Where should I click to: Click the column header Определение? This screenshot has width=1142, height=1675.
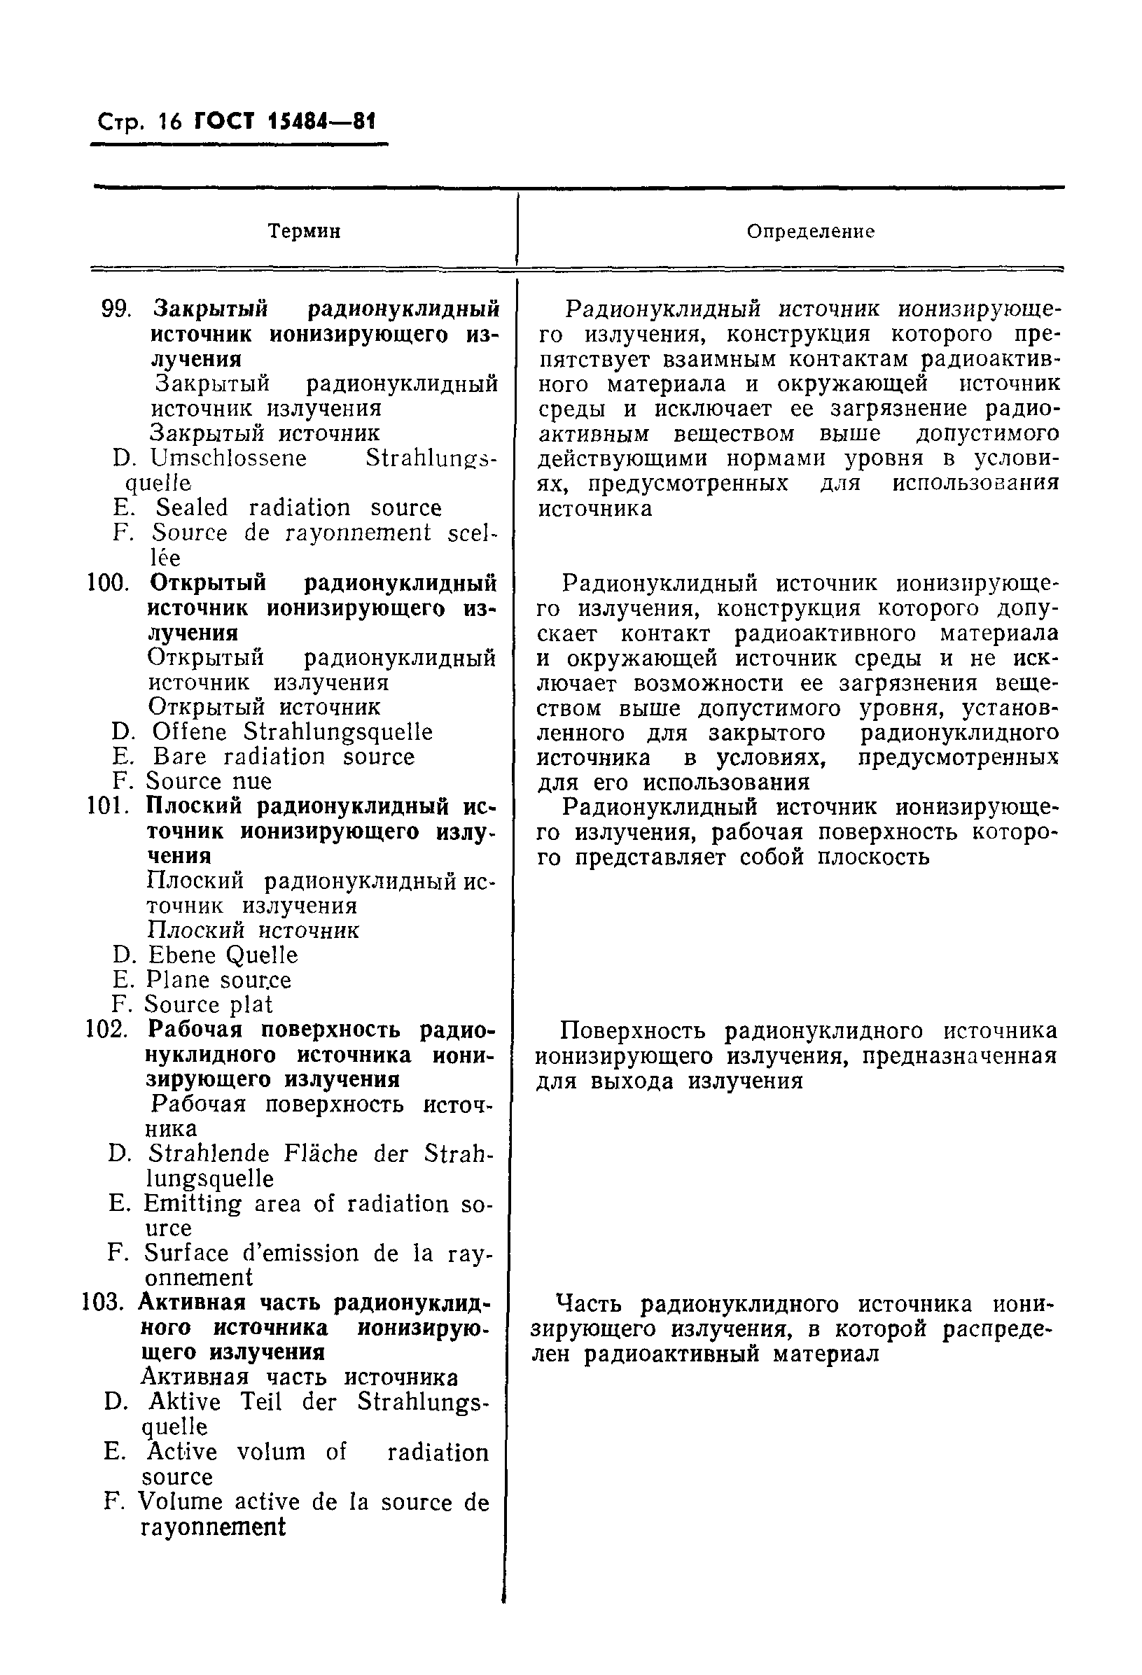pos(810,232)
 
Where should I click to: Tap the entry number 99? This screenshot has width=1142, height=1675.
pos(116,309)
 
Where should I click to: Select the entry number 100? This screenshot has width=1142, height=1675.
pos(107,582)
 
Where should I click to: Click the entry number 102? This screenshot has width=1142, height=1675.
pos(106,1029)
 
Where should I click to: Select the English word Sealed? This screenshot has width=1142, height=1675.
pos(192,508)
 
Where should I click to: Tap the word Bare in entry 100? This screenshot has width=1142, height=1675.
pos(179,757)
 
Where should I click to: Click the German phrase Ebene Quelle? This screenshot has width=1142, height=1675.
pos(223,955)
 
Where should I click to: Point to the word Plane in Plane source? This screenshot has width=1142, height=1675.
pos(176,980)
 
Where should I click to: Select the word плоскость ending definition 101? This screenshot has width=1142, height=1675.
pos(873,857)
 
